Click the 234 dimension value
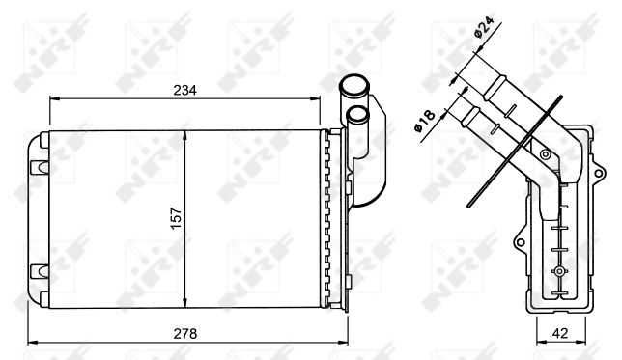pyautogui.click(x=184, y=91)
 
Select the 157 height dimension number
pyautogui.click(x=176, y=218)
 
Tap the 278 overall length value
pyautogui.click(x=184, y=334)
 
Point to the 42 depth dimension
pyautogui.click(x=560, y=333)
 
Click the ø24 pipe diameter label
pyautogui.click(x=484, y=27)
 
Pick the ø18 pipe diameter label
pyautogui.click(x=424, y=121)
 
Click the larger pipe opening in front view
pyautogui.click(x=354, y=84)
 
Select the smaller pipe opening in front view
pyautogui.click(x=357, y=114)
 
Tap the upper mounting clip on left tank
pyautogui.click(x=39, y=167)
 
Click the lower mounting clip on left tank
pyautogui.click(x=39, y=271)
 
